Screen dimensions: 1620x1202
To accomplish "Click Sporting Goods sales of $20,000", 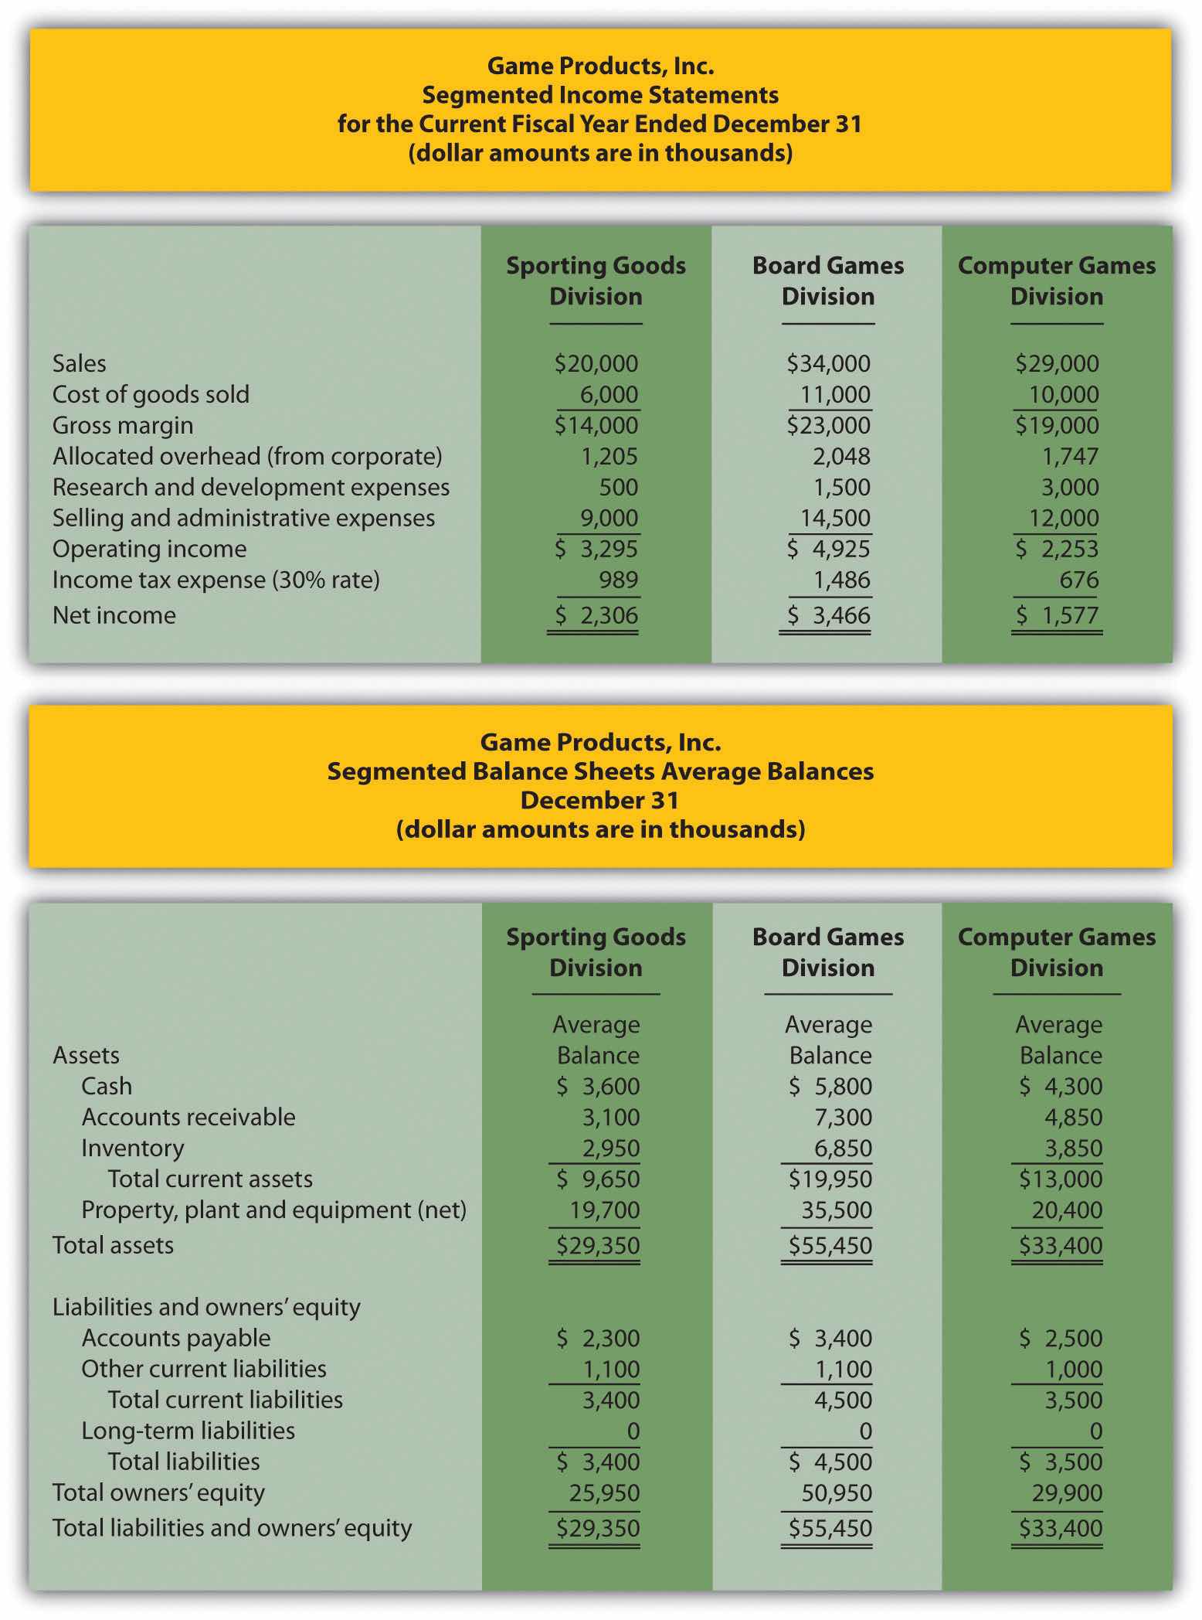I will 596,363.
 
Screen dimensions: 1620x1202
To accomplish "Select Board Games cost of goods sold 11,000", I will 834,394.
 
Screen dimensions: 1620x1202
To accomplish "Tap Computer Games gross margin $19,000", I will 1057,425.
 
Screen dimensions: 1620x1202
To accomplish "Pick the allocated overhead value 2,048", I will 840,456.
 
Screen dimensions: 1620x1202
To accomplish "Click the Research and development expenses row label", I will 250,487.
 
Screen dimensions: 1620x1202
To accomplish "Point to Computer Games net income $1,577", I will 1057,615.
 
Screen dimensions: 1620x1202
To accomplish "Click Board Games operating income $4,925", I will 828,549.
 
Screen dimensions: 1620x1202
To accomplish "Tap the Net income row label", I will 114,615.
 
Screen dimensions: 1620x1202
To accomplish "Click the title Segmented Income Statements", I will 600,95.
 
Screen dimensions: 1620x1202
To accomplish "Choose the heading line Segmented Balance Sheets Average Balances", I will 600,771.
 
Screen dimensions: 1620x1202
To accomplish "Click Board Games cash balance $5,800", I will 830,1086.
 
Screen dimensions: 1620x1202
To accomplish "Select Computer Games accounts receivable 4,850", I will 1073,1117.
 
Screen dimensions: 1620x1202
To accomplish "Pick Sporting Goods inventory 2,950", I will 610,1148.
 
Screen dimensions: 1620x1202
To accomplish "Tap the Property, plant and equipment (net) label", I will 273,1210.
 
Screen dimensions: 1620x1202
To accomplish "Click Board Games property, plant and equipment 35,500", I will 836,1210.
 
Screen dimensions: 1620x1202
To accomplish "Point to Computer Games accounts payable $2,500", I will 1061,1338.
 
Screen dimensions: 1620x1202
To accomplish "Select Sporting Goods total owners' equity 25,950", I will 604,1492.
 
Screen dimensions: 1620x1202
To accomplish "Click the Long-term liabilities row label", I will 188,1431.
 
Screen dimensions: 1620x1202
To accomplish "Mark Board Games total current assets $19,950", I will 830,1179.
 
